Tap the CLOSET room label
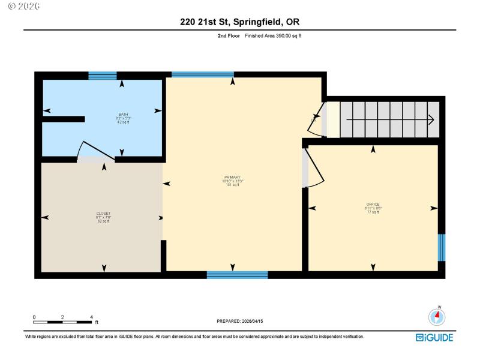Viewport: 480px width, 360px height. [x=103, y=213]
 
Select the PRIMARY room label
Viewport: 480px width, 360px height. [x=232, y=177]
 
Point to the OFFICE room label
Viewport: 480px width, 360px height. [x=373, y=204]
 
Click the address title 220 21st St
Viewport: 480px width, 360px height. [x=240, y=22]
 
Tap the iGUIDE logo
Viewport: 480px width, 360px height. [x=434, y=337]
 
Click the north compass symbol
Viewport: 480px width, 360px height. [x=437, y=316]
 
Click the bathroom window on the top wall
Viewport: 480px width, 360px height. [x=103, y=76]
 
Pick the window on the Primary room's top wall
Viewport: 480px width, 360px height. [x=202, y=75]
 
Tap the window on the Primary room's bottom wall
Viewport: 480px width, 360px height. [x=237, y=275]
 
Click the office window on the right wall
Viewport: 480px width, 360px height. [x=442, y=247]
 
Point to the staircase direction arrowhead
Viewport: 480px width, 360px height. [x=431, y=120]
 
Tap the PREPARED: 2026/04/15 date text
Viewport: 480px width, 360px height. [x=240, y=321]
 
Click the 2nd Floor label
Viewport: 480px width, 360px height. [x=229, y=36]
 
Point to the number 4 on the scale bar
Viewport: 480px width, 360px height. [x=91, y=317]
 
